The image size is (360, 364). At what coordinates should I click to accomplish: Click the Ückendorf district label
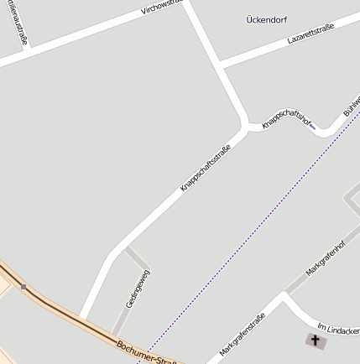click(x=267, y=19)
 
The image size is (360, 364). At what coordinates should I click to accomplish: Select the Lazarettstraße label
click(x=310, y=34)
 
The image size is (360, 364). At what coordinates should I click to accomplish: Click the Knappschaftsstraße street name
click(x=206, y=169)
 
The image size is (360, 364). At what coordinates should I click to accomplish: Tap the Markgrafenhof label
click(x=326, y=261)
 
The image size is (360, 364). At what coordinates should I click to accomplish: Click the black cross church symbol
click(x=316, y=340)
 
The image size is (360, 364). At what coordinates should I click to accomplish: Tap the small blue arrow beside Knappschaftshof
click(x=313, y=127)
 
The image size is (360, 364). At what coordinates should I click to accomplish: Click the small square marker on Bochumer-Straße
click(x=23, y=287)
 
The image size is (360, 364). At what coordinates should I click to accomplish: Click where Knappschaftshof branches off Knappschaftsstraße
click(x=246, y=127)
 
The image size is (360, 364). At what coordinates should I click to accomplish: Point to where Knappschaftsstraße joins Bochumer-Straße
click(x=81, y=320)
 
